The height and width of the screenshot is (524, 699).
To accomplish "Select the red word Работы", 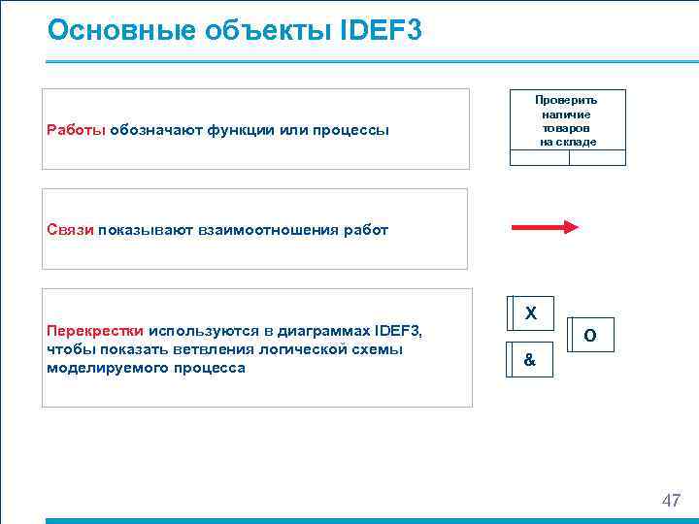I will pyautogui.click(x=76, y=130).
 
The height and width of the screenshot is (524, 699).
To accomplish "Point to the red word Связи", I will pyautogui.click(x=69, y=230).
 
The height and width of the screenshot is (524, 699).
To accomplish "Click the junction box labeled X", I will pyautogui.click(x=530, y=313).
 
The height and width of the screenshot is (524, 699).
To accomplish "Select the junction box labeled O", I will pyautogui.click(x=590, y=335).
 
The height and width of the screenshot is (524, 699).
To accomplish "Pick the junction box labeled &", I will pyautogui.click(x=529, y=359).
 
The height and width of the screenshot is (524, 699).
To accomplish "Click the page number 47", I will pyautogui.click(x=671, y=501).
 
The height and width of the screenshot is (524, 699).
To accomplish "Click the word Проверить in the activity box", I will pyautogui.click(x=568, y=100).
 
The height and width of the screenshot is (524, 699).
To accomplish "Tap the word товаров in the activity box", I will pyautogui.click(x=568, y=128).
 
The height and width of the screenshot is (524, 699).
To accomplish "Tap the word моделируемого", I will pyautogui.click(x=106, y=368).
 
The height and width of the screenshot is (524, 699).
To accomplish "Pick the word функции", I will pyautogui.click(x=238, y=130).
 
